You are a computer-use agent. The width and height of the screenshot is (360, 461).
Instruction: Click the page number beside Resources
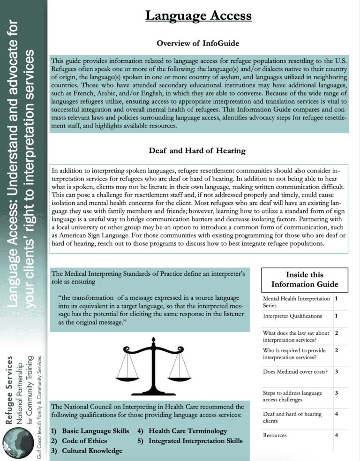tap(337, 436)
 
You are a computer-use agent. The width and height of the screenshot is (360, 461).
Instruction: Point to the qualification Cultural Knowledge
tap(86, 451)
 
